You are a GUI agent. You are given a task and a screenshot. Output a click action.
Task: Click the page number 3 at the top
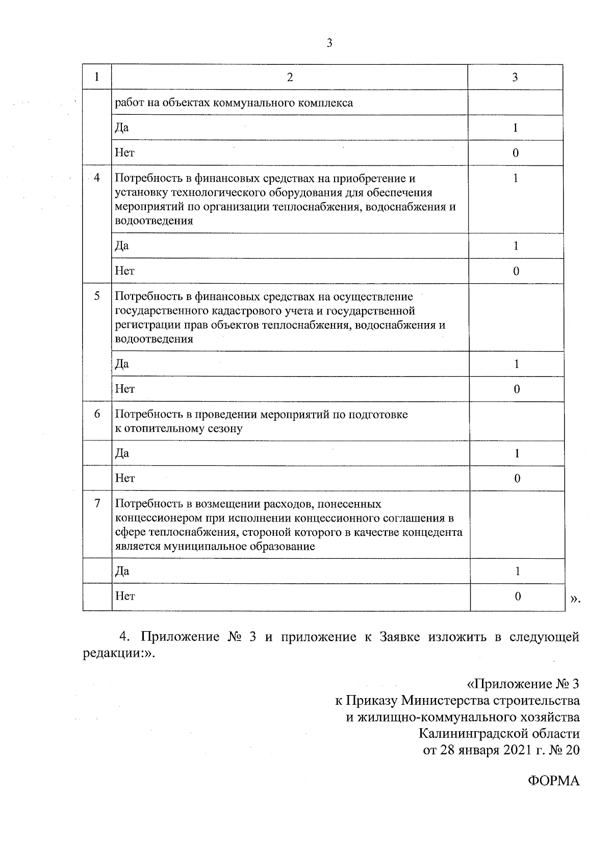tap(329, 44)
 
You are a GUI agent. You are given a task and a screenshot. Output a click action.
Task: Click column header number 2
tap(290, 77)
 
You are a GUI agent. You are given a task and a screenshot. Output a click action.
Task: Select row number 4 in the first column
tap(97, 178)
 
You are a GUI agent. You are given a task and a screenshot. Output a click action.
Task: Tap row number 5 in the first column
tap(97, 296)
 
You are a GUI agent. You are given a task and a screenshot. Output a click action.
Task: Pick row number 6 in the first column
tap(97, 414)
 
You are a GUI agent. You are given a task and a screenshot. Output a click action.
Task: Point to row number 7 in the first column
tap(97, 503)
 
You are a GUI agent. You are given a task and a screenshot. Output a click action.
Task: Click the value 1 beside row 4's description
tap(516, 178)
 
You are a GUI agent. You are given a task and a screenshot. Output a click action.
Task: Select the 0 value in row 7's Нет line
tap(518, 596)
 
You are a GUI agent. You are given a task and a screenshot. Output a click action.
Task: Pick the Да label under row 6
tap(122, 453)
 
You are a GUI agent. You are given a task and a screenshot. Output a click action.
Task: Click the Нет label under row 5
tap(124, 389)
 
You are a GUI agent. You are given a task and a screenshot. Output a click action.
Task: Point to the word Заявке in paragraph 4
tap(400, 637)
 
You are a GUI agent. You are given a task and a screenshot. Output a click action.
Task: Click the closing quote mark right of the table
tap(575, 600)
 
